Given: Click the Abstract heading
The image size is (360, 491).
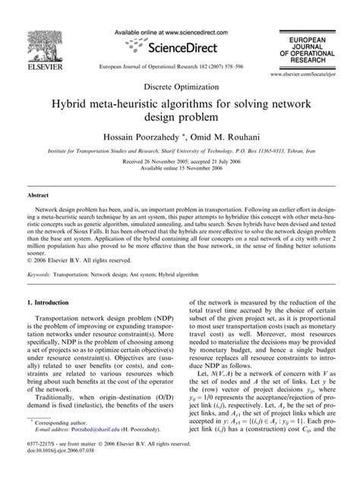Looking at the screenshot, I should pyautogui.click(x=39, y=196).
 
